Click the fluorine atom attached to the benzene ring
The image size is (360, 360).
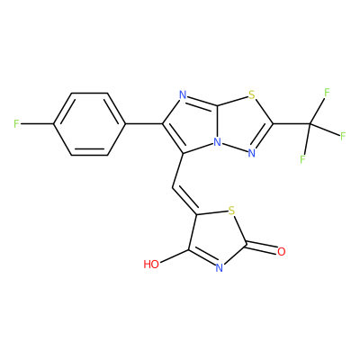coord(17,123)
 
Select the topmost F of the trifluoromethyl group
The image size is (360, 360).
coord(327,93)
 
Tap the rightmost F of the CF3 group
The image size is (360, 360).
coord(343,136)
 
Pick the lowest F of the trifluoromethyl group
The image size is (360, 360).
coord(302,158)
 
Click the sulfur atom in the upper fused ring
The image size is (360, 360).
coord(251,96)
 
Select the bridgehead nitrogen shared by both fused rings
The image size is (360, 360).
coord(217,142)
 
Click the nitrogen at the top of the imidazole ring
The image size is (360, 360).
coord(183,95)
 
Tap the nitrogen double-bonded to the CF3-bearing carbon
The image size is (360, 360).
coord(251,153)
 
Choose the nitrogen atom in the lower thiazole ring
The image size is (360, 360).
coord(220,267)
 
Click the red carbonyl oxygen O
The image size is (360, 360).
coord(281,251)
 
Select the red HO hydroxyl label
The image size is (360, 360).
coord(151,264)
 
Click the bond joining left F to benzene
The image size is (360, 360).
coord(37,123)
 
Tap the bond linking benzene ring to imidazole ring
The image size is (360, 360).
coord(144,123)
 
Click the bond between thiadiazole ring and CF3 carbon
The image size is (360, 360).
coord(292,123)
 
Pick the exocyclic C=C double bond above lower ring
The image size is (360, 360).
coord(184,200)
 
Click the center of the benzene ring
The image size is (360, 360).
coord(89,123)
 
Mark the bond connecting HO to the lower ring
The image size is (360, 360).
coord(175,256)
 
